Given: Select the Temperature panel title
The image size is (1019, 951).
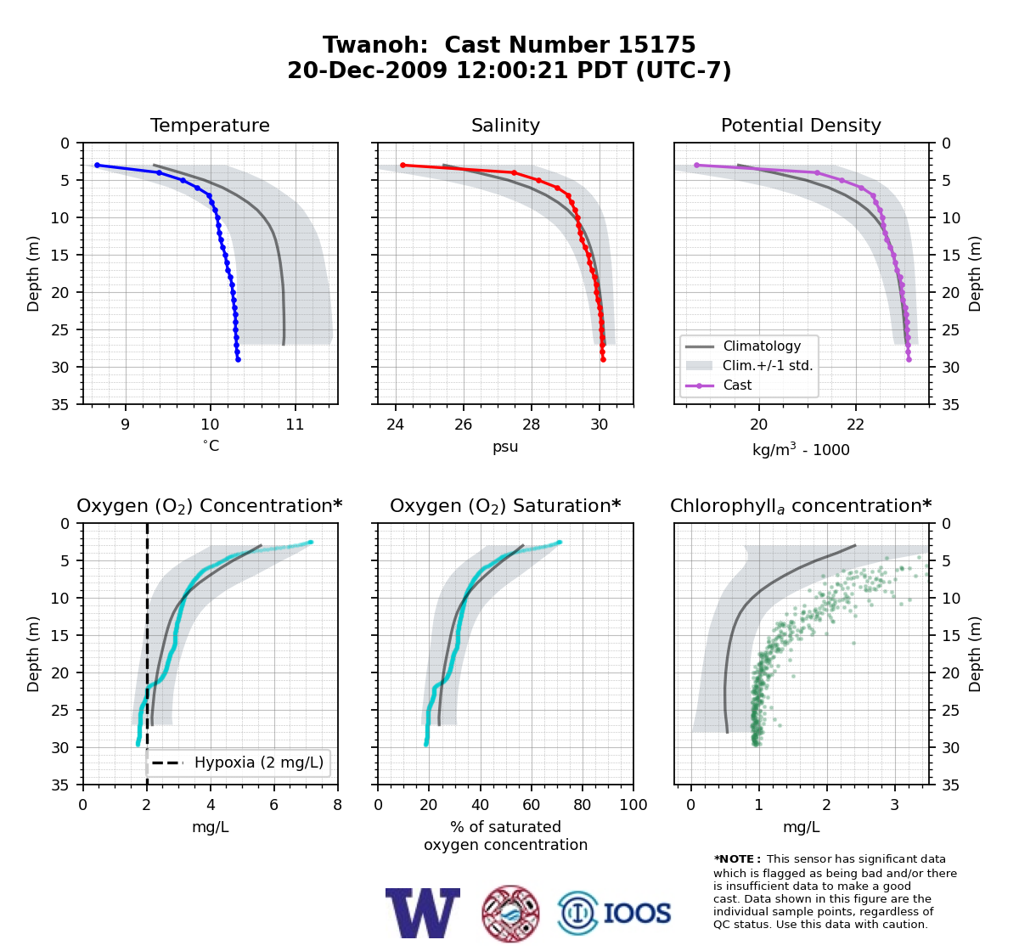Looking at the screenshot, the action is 210,125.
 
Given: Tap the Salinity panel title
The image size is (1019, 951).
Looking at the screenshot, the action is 505,125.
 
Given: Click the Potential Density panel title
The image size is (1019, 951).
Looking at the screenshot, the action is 801,125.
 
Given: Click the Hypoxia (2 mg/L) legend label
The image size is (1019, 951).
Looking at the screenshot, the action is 259,762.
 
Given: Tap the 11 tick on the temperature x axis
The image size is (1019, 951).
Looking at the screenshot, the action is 295,425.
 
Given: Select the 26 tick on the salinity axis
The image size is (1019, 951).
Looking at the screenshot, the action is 463,425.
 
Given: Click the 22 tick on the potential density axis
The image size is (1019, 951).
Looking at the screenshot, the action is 855,425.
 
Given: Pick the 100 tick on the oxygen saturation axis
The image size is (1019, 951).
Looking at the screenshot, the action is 633,805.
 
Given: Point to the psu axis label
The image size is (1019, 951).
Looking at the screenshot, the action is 505,447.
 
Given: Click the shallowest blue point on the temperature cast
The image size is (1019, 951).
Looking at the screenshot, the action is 97,166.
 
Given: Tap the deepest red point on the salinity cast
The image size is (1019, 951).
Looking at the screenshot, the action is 603,359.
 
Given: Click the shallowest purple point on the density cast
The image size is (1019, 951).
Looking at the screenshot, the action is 696,166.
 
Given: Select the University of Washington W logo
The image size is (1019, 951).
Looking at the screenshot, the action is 423,913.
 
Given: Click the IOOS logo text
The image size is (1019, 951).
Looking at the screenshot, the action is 637,913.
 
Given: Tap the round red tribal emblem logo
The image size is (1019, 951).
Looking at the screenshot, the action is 510,914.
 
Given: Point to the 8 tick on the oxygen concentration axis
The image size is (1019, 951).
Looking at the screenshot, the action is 337,805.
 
